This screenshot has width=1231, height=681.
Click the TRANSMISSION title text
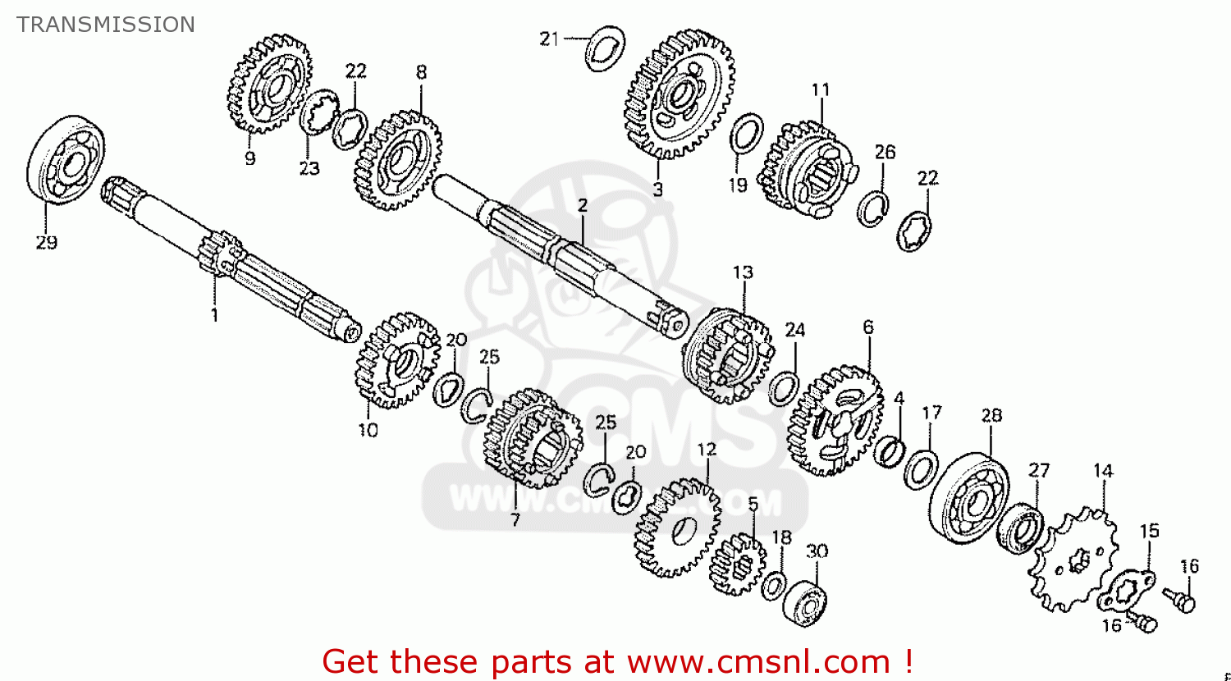click(x=106, y=25)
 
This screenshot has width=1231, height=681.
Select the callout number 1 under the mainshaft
click(x=214, y=314)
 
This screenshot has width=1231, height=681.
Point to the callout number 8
click(x=421, y=72)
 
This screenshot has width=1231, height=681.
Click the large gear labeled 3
click(x=680, y=94)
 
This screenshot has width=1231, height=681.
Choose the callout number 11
click(x=821, y=90)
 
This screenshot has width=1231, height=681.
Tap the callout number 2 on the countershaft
click(x=582, y=205)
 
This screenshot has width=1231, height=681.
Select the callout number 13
click(x=742, y=272)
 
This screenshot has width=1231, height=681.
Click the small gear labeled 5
click(x=737, y=564)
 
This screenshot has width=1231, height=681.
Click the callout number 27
click(x=1039, y=471)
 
